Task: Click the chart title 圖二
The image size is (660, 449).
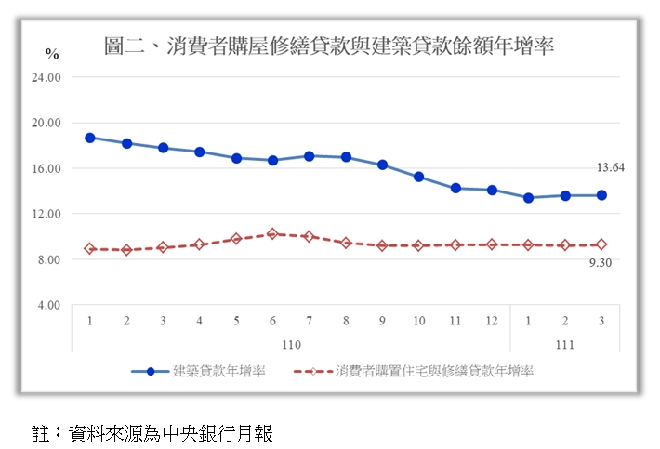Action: tap(329, 46)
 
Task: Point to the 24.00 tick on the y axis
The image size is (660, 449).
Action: tap(46, 77)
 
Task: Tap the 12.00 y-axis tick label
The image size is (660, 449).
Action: tap(46, 214)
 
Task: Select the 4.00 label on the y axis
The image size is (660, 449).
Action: tap(48, 305)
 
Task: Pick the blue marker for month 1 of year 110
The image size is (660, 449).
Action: tap(90, 138)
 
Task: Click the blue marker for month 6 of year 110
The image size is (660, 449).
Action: tap(272, 160)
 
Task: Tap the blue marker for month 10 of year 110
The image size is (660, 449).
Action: tap(419, 177)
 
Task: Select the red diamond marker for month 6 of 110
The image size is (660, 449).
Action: tap(272, 234)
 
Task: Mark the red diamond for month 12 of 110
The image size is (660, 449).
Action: tap(492, 244)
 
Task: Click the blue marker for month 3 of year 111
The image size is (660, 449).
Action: tap(601, 195)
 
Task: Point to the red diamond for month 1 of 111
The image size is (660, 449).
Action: tap(528, 244)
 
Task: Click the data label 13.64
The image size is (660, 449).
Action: tap(610, 167)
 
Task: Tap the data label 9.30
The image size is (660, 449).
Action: tap(600, 263)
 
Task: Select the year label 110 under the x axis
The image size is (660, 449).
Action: tap(291, 345)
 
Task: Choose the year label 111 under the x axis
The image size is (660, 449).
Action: tap(565, 345)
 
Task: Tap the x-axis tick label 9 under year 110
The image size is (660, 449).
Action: tap(382, 321)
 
